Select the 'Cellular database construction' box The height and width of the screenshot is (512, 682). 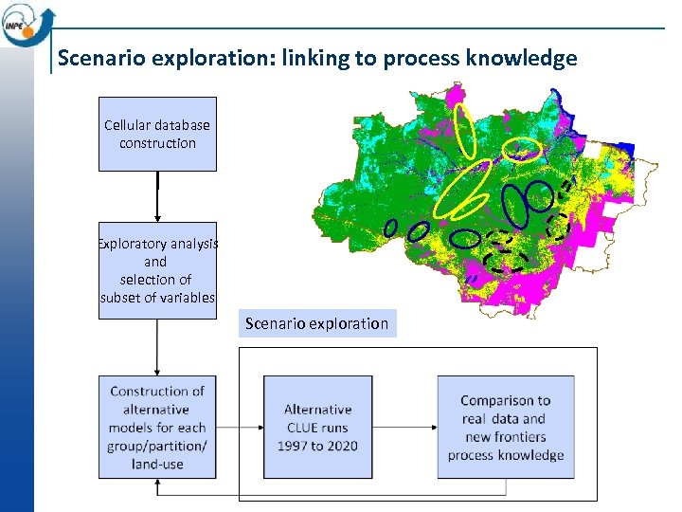(157, 134)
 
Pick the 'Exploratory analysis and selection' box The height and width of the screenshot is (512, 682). (157, 270)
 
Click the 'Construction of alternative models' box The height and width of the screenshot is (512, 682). (157, 427)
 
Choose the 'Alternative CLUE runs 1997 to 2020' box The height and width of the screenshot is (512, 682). (317, 427)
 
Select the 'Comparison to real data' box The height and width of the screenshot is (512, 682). (506, 427)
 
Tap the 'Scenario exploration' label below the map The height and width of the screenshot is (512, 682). (316, 323)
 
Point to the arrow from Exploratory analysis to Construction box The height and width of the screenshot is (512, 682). (157, 347)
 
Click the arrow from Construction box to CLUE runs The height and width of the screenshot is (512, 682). (240, 427)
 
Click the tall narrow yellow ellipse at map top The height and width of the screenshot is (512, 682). (465, 129)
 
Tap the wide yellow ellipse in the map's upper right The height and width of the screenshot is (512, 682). (520, 149)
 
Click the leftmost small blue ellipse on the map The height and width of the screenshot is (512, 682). (390, 228)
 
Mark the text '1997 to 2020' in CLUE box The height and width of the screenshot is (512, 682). (317, 446)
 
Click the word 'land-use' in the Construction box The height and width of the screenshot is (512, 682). (157, 464)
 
